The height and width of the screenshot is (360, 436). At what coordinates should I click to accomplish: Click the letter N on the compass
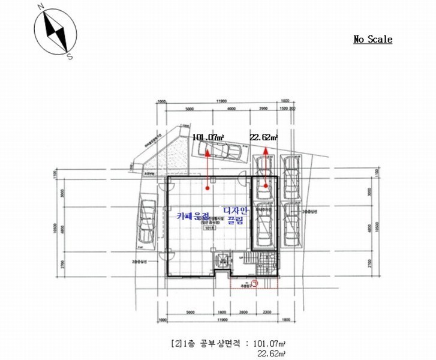(40, 8)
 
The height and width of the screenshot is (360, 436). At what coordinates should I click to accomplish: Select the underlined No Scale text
(372, 40)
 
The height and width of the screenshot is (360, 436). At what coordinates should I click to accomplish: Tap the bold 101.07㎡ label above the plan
(208, 137)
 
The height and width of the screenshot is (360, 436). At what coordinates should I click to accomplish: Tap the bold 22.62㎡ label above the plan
(264, 137)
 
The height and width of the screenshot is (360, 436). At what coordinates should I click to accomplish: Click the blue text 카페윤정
(194, 215)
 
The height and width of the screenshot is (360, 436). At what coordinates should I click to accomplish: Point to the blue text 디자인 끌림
(235, 215)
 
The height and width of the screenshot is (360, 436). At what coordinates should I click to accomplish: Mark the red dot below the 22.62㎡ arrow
(264, 187)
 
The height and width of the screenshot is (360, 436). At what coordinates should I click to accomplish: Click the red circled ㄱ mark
(254, 286)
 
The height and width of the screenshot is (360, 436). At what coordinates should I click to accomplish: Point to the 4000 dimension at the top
(230, 109)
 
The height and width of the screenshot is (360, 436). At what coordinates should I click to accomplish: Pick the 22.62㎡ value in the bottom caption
(270, 353)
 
